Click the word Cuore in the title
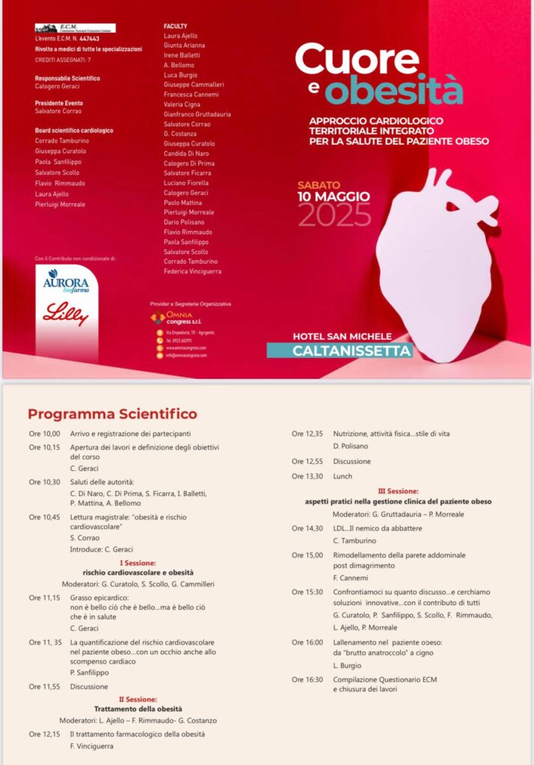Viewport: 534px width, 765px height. (x=357, y=60)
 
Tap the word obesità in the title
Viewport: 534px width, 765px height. (x=394, y=90)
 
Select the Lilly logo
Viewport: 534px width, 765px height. (x=66, y=315)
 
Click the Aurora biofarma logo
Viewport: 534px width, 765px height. (x=66, y=281)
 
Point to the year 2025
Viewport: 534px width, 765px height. (x=334, y=215)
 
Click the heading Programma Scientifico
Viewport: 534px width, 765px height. (x=112, y=414)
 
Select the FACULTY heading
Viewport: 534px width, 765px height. (x=175, y=26)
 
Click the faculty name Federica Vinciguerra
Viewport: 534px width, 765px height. (x=193, y=272)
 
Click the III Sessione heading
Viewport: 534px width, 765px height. (x=398, y=491)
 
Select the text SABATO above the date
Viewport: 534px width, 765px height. (x=319, y=185)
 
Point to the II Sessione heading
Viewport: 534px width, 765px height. (x=137, y=699)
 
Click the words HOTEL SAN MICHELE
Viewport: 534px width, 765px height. (x=343, y=336)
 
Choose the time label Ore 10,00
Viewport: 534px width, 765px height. (x=45, y=433)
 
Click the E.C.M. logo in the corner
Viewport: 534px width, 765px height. (x=75, y=28)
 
